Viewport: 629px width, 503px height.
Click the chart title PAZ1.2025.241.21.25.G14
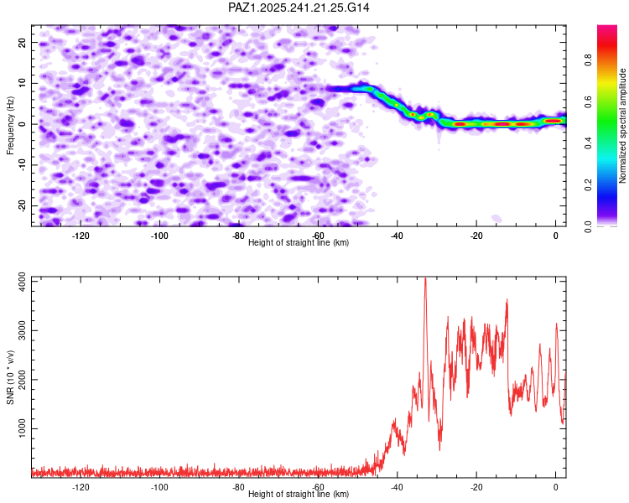point(299,8)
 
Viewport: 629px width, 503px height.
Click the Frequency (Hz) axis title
point(10,124)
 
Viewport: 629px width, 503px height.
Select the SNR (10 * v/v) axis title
point(10,376)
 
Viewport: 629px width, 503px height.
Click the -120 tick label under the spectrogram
point(81,236)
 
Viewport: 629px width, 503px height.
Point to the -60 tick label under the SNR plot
point(319,487)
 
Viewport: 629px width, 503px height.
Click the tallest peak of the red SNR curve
point(425,279)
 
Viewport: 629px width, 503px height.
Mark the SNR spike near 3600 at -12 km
point(507,300)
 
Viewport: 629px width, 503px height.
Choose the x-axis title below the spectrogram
point(299,243)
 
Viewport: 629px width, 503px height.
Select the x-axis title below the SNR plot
point(299,495)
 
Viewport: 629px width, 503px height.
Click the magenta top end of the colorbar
point(607,29)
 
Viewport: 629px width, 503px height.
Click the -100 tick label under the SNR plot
point(160,487)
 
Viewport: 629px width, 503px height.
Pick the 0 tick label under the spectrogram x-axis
point(556,236)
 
